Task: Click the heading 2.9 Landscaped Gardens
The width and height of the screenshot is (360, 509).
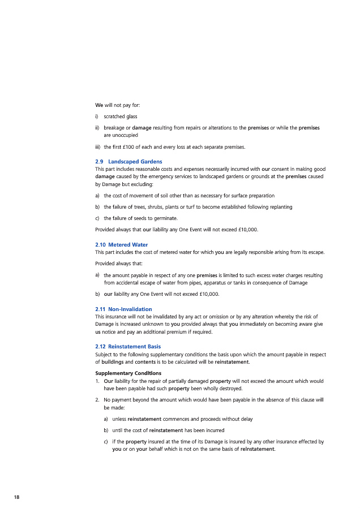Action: [x=125, y=162]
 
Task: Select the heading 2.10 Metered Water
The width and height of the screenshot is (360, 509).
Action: [x=121, y=244]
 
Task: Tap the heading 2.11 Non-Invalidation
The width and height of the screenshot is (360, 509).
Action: [x=123, y=309]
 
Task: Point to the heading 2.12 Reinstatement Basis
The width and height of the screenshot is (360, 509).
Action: [x=128, y=346]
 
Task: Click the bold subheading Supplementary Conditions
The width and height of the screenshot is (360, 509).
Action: [x=128, y=373]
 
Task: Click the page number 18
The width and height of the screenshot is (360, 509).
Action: [x=17, y=497]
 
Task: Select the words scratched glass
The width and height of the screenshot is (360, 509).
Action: [x=121, y=117]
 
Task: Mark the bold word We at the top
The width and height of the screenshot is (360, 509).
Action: [x=99, y=105]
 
